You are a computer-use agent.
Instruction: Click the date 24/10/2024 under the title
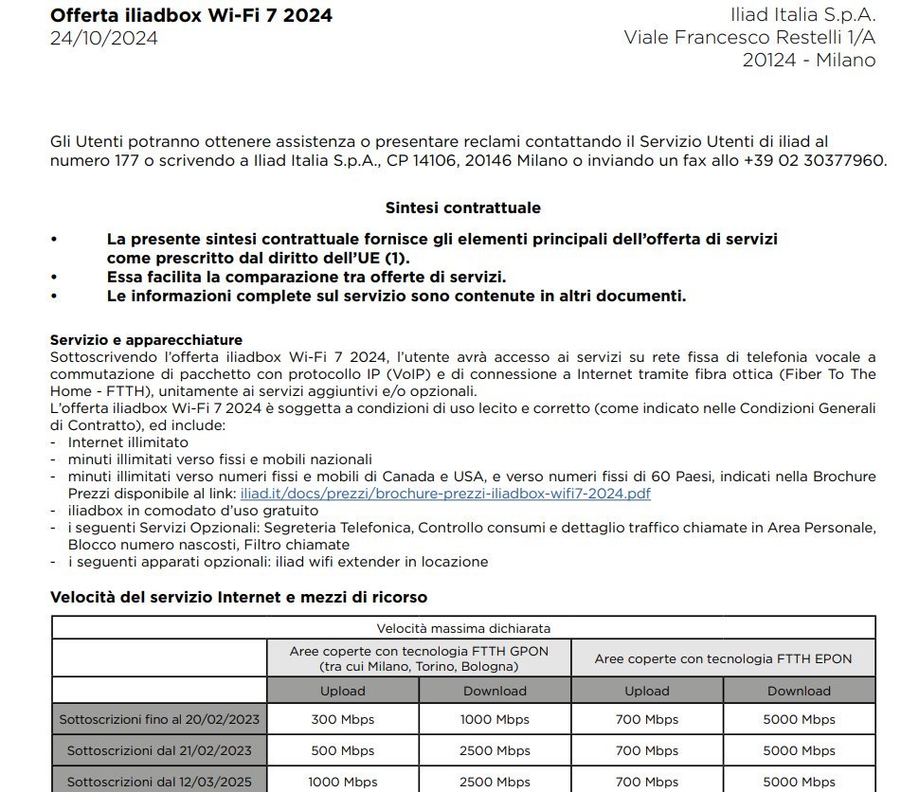click(x=104, y=39)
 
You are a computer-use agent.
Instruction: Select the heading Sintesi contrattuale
click(x=462, y=207)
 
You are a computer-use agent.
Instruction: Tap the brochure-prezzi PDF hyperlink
click(x=445, y=494)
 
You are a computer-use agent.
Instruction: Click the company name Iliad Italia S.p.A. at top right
click(x=802, y=15)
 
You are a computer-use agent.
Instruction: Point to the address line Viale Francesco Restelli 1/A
click(x=749, y=38)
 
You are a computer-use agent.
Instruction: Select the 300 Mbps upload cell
click(x=342, y=719)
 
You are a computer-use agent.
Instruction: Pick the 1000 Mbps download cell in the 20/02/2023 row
click(x=495, y=719)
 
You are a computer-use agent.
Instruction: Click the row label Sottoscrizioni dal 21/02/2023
click(x=159, y=750)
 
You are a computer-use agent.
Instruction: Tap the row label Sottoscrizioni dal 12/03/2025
click(x=159, y=782)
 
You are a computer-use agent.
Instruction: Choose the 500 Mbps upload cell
click(x=342, y=750)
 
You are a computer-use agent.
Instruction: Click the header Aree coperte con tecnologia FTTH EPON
click(x=723, y=658)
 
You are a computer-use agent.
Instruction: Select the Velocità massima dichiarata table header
click(x=463, y=627)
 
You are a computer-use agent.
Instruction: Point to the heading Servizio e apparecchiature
click(x=146, y=340)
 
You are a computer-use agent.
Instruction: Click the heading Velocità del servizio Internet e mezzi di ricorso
click(x=238, y=597)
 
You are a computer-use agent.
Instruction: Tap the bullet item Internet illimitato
click(x=128, y=442)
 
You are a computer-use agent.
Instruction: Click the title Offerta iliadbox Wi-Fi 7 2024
click(x=190, y=15)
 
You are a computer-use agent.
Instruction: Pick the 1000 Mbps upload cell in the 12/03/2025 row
click(x=342, y=782)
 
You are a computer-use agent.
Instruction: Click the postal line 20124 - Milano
click(x=809, y=60)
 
